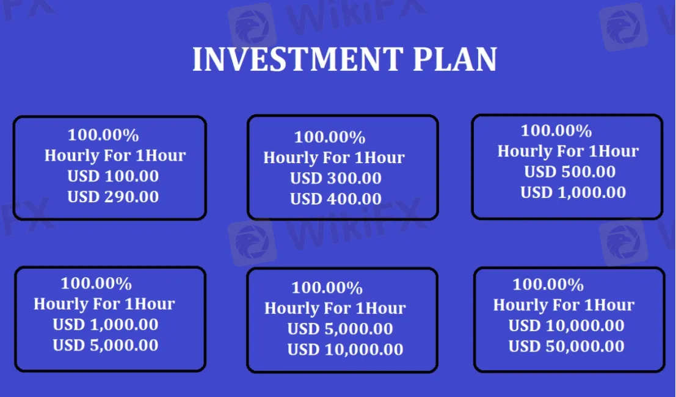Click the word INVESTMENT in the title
coord(297,60)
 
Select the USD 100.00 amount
coord(113,176)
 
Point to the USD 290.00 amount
coord(113,197)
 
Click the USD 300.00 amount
coord(336,178)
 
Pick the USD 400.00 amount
coord(336,198)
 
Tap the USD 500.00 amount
coord(570,172)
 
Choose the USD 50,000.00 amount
coord(566,346)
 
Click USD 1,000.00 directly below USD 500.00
coord(573,192)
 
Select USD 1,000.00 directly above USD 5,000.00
coord(105,324)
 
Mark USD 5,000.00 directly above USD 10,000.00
coord(340,329)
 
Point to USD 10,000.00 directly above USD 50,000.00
coord(566,326)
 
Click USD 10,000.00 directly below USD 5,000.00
coord(345,349)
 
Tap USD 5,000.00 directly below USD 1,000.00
coord(105,345)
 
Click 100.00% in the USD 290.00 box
coord(103,135)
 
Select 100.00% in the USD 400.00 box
coord(330,137)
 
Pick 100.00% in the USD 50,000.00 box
coord(548,284)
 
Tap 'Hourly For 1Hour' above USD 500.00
coord(568,151)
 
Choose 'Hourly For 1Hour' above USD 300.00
coord(334,158)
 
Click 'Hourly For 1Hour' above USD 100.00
coord(115,155)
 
